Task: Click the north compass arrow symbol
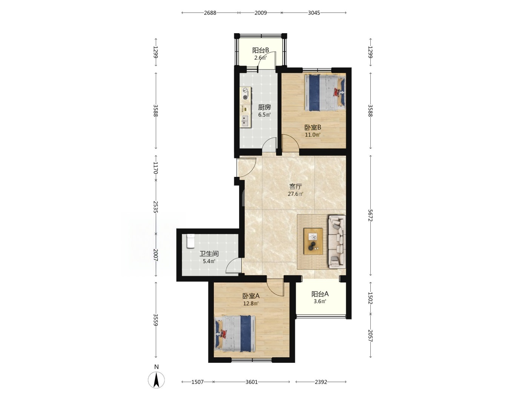coord(157,380)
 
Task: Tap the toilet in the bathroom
coord(190,241)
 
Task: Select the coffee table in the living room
coord(313,241)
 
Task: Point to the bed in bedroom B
coord(325,93)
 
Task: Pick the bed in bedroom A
coord(235,334)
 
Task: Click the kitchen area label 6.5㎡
coord(264,115)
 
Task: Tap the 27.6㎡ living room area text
coord(295,194)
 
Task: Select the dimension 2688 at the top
coord(210,13)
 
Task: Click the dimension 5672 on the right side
coord(370,215)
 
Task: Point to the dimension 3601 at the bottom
coord(252,382)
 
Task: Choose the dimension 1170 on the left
coord(156,168)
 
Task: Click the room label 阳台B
coord(261,51)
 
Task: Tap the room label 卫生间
coord(209,253)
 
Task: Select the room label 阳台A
coord(320,294)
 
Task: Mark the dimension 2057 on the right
coord(370,336)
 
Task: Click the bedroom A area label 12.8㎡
coord(251,304)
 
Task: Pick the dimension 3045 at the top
coord(314,13)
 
